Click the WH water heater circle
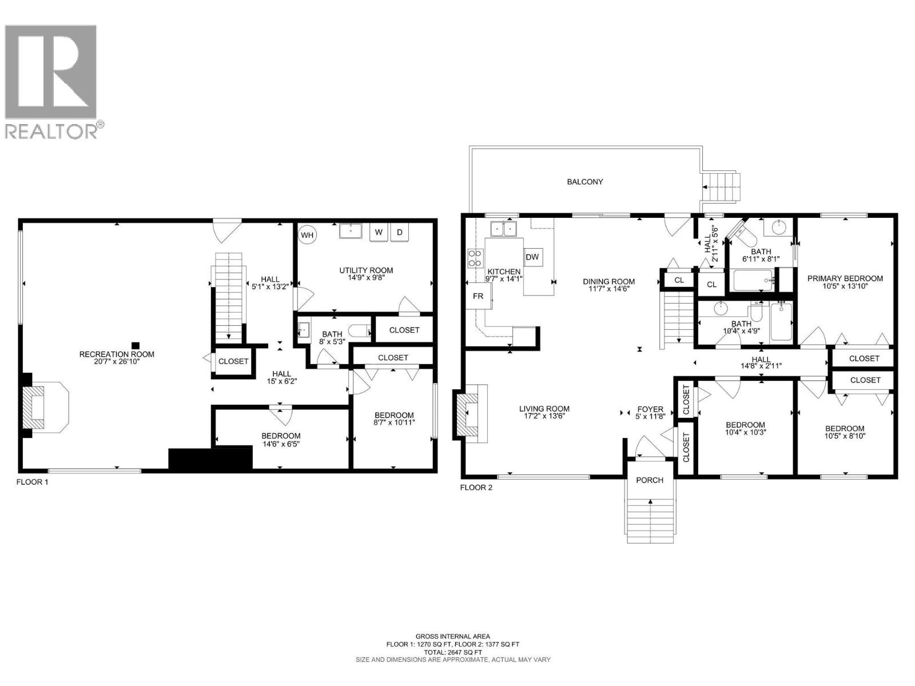click(307, 235)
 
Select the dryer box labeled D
click(400, 232)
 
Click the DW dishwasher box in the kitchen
click(532, 257)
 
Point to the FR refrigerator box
click(478, 296)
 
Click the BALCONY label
click(584, 182)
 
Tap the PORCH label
click(650, 480)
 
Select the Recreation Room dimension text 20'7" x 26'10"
click(117, 361)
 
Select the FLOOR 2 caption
click(476, 488)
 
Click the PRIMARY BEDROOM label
click(845, 278)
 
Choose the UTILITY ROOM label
click(366, 270)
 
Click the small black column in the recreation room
click(136, 345)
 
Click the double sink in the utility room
click(351, 231)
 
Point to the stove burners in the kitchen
click(475, 258)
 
